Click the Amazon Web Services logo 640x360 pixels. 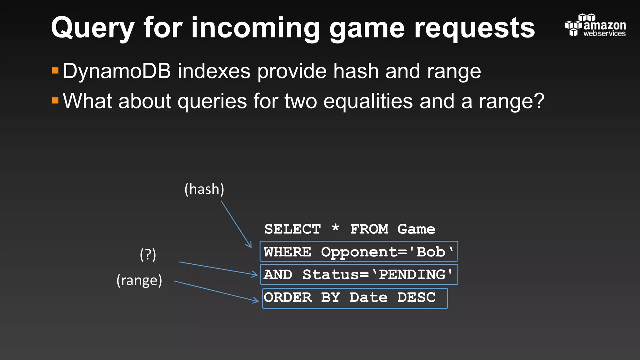[595, 25]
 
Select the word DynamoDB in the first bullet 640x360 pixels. [117, 71]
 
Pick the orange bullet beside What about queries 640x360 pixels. [55, 100]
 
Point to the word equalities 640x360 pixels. [368, 101]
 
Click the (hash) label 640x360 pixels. [204, 189]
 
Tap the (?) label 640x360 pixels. [148, 255]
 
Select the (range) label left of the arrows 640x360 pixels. [139, 280]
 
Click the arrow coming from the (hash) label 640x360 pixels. [236, 224]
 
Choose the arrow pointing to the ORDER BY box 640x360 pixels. [216, 292]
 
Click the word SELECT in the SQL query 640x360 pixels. [292, 229]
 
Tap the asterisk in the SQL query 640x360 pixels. [335, 227]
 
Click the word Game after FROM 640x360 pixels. [416, 229]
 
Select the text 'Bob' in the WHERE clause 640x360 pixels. [432, 252]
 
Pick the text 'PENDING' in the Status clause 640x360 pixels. [412, 275]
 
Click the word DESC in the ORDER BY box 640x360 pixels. [416, 297]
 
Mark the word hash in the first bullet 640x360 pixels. [356, 71]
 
